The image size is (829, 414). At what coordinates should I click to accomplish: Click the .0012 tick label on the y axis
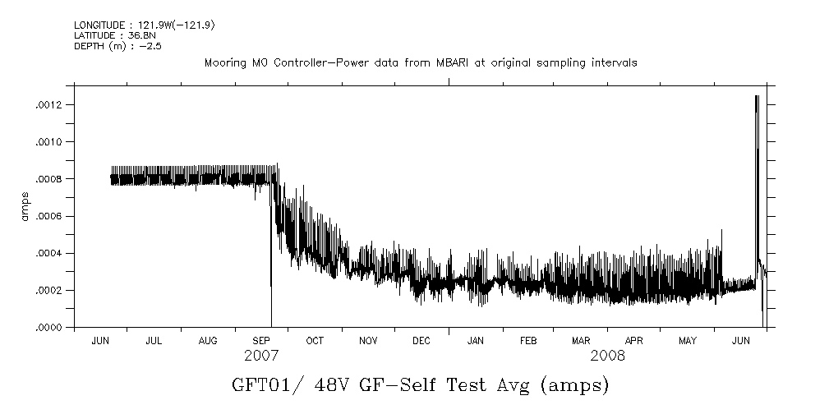coord(60,105)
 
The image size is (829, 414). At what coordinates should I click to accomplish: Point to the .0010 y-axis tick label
coord(60,142)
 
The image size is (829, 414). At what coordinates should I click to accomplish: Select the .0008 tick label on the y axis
coord(60,179)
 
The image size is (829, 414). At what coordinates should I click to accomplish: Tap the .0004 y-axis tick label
coord(60,253)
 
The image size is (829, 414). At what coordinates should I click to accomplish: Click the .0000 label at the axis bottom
coord(60,328)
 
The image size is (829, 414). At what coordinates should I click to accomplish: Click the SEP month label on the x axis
coord(261,340)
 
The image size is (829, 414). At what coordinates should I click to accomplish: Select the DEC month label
coord(421,340)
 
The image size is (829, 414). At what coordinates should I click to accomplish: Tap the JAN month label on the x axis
coord(475,340)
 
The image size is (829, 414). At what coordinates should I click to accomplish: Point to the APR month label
coord(633,340)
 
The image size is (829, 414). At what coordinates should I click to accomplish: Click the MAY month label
coord(688,340)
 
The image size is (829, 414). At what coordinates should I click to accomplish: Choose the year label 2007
coord(261,356)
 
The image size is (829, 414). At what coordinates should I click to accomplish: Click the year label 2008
coord(607,356)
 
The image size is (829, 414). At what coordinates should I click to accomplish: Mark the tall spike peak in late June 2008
coord(756,96)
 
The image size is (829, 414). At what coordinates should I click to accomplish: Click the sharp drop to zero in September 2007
coord(271,320)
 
